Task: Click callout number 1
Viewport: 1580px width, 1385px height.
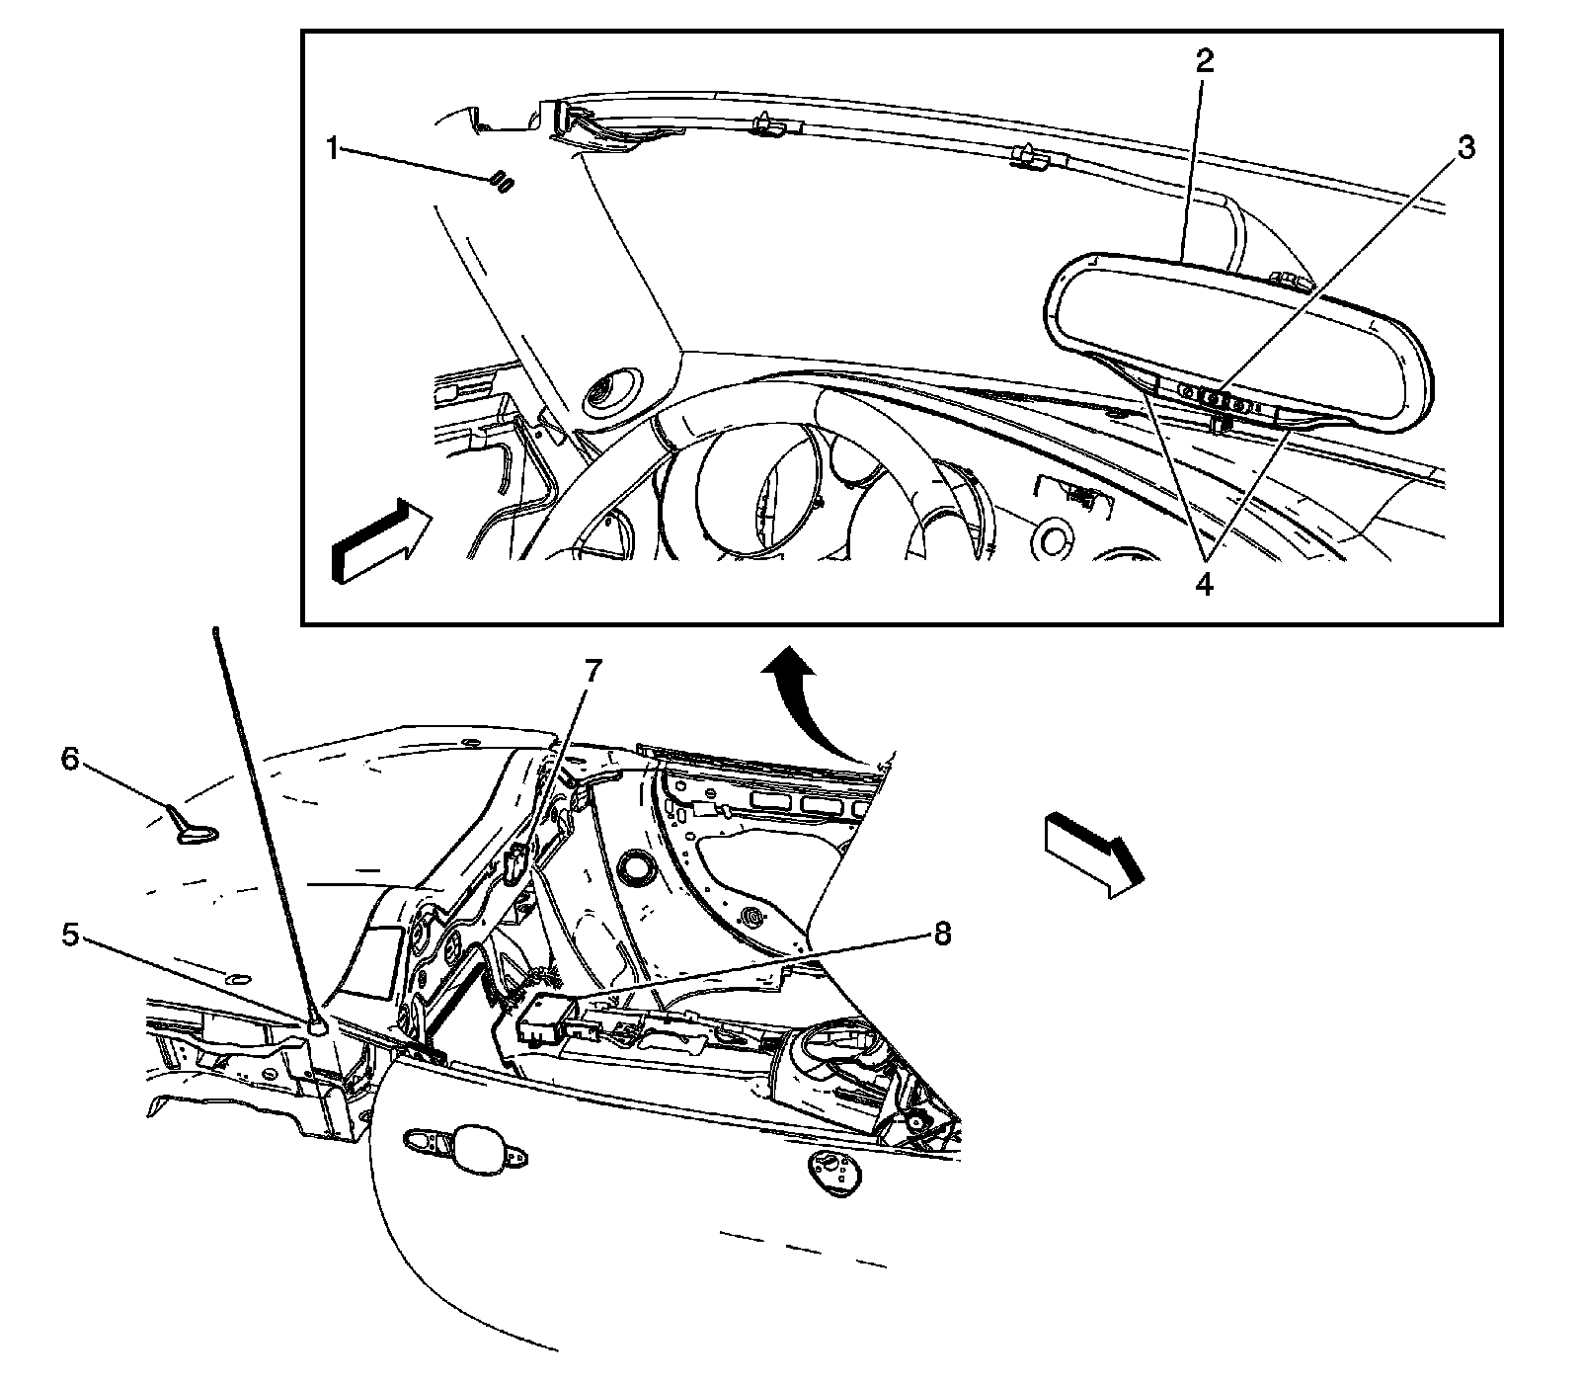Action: tap(335, 150)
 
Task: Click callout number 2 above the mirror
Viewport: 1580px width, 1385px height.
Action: tap(1204, 60)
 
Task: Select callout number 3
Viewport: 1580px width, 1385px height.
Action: tap(1467, 148)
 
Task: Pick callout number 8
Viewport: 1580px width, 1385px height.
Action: tap(943, 933)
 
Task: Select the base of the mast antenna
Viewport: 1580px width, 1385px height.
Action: tap(318, 1028)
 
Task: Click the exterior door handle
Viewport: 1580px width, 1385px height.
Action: tap(464, 1150)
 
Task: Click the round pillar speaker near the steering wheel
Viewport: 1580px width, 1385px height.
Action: tap(611, 392)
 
